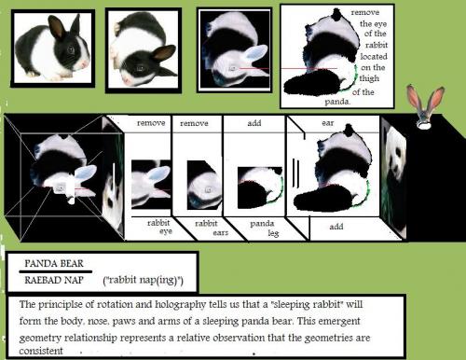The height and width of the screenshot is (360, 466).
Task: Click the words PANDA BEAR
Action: (54, 264)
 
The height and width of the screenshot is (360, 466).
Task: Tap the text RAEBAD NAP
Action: (54, 280)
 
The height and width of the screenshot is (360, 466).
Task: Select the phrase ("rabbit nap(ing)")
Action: (144, 280)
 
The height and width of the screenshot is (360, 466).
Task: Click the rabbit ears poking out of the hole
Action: (425, 105)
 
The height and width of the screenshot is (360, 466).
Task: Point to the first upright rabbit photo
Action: (53, 48)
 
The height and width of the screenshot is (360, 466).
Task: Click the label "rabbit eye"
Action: (159, 227)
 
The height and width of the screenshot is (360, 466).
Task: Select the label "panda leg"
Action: (264, 228)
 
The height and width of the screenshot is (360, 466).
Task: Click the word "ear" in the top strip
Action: (328, 123)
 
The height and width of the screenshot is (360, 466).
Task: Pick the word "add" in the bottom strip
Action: (336, 227)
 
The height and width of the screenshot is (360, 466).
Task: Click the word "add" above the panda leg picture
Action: (254, 123)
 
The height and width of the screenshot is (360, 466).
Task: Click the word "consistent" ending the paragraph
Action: (41, 351)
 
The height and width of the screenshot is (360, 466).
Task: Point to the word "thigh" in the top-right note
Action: (369, 78)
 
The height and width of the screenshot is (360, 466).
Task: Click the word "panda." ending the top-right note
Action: (337, 102)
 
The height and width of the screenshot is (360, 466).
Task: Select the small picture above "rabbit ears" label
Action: (204, 186)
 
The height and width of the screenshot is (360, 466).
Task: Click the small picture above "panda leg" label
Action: (261, 187)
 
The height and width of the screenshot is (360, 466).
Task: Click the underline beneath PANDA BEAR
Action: (56, 271)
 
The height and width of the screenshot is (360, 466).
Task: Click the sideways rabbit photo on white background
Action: (144, 49)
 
